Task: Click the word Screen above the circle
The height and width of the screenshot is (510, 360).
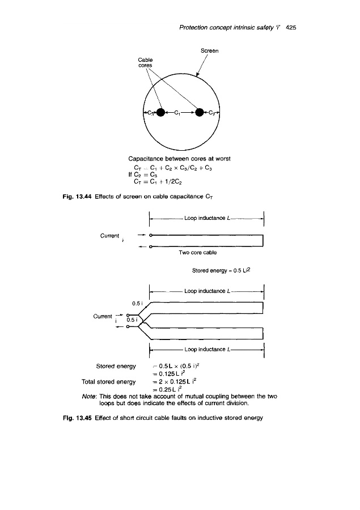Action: (210, 51)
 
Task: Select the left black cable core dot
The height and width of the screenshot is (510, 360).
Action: (161, 112)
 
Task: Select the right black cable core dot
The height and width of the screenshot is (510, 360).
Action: (200, 112)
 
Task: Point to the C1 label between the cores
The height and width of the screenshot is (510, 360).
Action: (180, 112)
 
